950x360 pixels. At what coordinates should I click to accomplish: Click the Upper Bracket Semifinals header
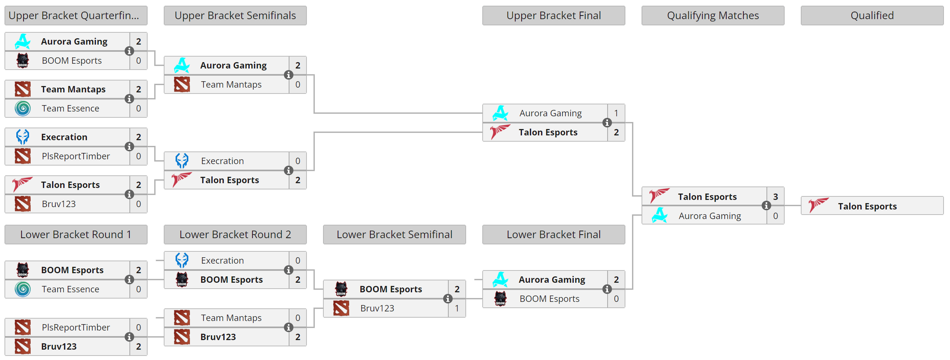[x=235, y=16]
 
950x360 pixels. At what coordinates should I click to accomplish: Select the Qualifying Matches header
[x=713, y=16]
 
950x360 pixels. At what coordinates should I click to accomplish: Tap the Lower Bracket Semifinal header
[x=394, y=235]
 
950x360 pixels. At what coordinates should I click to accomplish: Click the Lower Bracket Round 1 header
[x=76, y=235]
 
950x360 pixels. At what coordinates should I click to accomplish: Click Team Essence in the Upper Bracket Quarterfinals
[x=70, y=108]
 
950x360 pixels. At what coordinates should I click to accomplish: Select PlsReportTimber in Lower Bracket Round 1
[x=76, y=327]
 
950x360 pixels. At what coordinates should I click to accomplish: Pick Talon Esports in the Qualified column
[x=867, y=206]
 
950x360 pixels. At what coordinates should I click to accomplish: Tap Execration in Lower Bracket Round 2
[x=222, y=260]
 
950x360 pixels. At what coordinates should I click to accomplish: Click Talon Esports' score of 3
[x=776, y=197]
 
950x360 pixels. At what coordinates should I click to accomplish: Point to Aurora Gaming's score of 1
[x=616, y=113]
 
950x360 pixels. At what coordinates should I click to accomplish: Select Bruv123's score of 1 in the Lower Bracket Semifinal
[x=457, y=308]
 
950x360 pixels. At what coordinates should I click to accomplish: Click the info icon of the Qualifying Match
[x=766, y=205]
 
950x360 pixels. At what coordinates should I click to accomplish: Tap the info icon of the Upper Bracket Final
[x=607, y=123]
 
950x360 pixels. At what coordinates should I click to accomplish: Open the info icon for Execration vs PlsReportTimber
[x=129, y=147]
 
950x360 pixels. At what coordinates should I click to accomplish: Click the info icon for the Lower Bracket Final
[x=607, y=289]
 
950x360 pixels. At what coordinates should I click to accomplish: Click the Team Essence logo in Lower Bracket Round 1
[x=23, y=289]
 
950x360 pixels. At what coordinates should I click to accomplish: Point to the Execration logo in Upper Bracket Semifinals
[x=182, y=161]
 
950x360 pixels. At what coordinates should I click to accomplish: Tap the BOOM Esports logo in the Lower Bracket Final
[x=500, y=299]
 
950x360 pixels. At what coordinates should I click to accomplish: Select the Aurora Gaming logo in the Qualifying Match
[x=660, y=216]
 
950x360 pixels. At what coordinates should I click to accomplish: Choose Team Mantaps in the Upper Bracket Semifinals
[x=231, y=84]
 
